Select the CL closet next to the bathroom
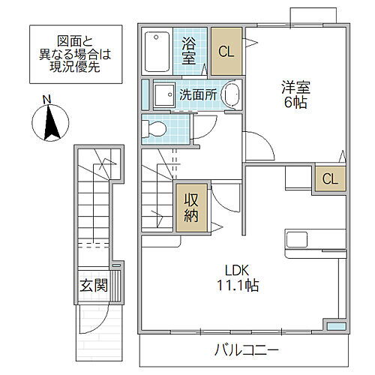point(226,51)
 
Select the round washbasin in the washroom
point(232,95)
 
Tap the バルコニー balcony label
point(247,349)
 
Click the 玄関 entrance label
point(94,286)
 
